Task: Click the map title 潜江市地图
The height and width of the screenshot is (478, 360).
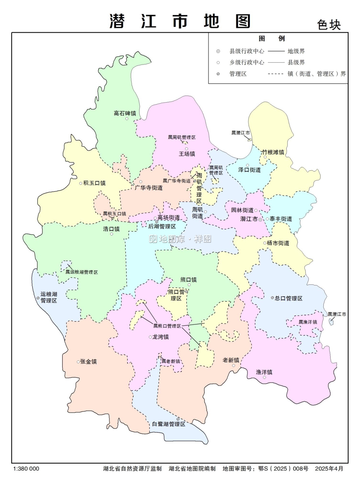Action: pyautogui.click(x=180, y=21)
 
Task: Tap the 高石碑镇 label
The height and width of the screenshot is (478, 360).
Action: pyautogui.click(x=125, y=113)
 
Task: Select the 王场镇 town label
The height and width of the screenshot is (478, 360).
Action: pyautogui.click(x=187, y=154)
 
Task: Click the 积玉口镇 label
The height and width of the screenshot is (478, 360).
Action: pyautogui.click(x=94, y=183)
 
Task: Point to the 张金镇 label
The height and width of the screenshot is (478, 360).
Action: pyautogui.click(x=88, y=362)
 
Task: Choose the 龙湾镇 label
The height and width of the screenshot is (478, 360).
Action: pyautogui.click(x=160, y=337)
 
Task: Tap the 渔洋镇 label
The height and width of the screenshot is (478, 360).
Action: pyautogui.click(x=264, y=372)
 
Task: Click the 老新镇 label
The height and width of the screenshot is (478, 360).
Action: pyautogui.click(x=231, y=360)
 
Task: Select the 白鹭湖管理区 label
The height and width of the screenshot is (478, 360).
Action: pyautogui.click(x=168, y=424)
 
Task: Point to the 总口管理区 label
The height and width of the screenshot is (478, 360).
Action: pyautogui.click(x=289, y=298)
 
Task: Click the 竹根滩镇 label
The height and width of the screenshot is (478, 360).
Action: pyautogui.click(x=273, y=152)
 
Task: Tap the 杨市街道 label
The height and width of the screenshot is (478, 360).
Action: pyautogui.click(x=278, y=243)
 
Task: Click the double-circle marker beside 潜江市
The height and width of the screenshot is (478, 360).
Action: pyautogui.click(x=260, y=220)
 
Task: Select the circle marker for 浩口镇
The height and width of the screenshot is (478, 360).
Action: pyautogui.click(x=112, y=234)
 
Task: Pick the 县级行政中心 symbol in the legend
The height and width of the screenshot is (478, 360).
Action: pyautogui.click(x=218, y=51)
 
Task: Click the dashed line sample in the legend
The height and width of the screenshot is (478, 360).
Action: pyautogui.click(x=276, y=74)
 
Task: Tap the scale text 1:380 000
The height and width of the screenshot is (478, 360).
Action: pyautogui.click(x=26, y=469)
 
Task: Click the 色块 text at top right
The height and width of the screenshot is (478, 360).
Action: pyautogui.click(x=329, y=25)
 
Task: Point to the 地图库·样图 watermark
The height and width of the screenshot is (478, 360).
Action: pyautogui.click(x=180, y=239)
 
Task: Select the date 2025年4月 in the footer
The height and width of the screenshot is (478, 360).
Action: pyautogui.click(x=329, y=469)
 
